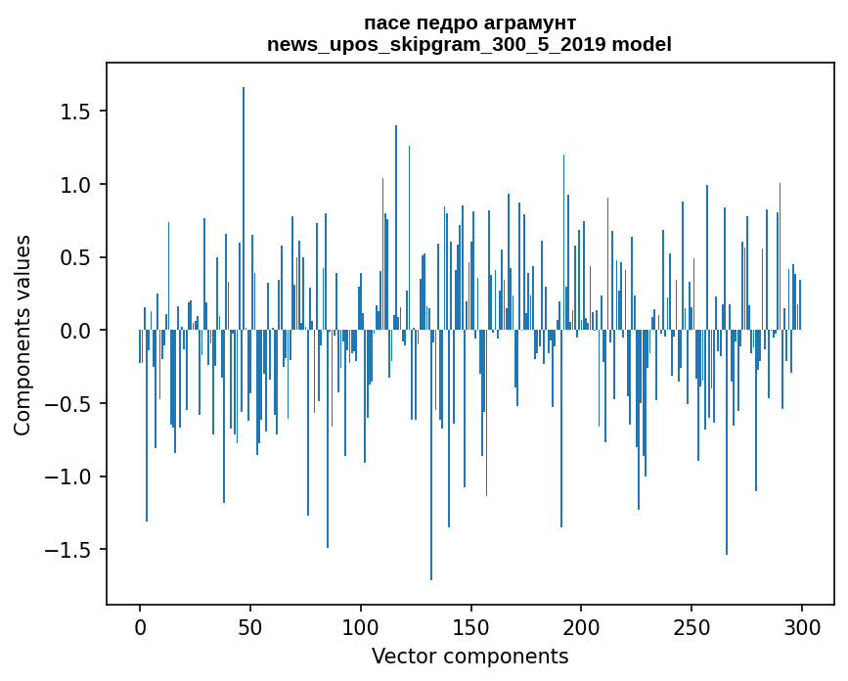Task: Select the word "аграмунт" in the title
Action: click(x=525, y=23)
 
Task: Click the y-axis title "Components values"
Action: click(x=22, y=335)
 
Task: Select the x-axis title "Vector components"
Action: click(x=469, y=656)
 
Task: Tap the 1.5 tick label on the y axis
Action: click(x=76, y=112)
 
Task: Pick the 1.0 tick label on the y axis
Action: click(x=76, y=185)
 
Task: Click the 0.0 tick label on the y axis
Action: click(x=76, y=331)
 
